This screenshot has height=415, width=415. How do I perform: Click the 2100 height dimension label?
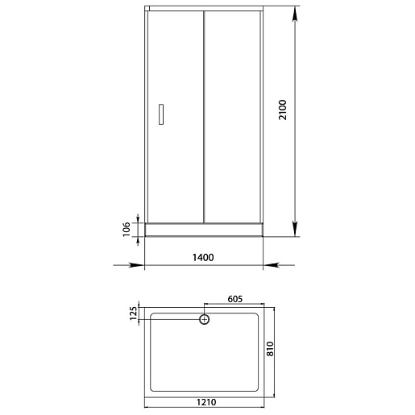click(x=283, y=110)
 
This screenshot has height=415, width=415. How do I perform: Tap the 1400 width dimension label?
click(x=203, y=258)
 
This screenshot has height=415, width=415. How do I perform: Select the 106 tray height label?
click(x=127, y=229)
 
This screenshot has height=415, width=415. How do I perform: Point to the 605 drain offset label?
click(x=235, y=299)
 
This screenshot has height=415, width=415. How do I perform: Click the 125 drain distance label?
click(x=133, y=313)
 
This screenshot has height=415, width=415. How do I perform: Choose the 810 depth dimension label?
click(x=270, y=349)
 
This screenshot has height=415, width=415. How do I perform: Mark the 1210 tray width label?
click(x=206, y=402)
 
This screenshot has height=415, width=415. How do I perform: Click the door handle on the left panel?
click(x=161, y=114)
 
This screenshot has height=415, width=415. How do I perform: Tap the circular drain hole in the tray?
click(x=204, y=319)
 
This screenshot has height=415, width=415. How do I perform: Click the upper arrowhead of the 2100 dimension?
click(x=295, y=15)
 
